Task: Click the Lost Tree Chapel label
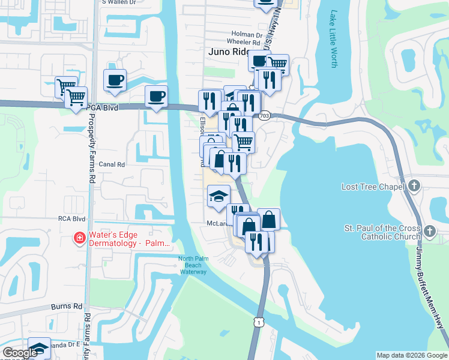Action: coord(373,187)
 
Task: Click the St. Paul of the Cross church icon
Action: coord(429,231)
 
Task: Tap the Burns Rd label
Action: coord(70,306)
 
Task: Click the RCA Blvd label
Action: coord(69,219)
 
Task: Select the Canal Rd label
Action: coord(112,164)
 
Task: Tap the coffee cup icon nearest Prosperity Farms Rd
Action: coord(115,80)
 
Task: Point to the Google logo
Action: coord(20,353)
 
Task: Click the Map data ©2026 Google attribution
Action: coord(412,355)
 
